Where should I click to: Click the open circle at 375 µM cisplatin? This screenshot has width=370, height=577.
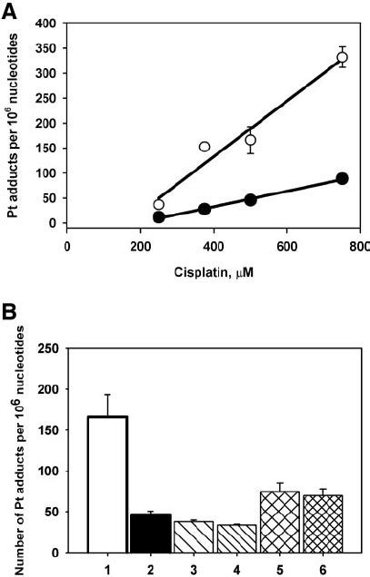205,146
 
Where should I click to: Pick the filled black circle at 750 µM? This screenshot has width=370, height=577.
342,179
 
